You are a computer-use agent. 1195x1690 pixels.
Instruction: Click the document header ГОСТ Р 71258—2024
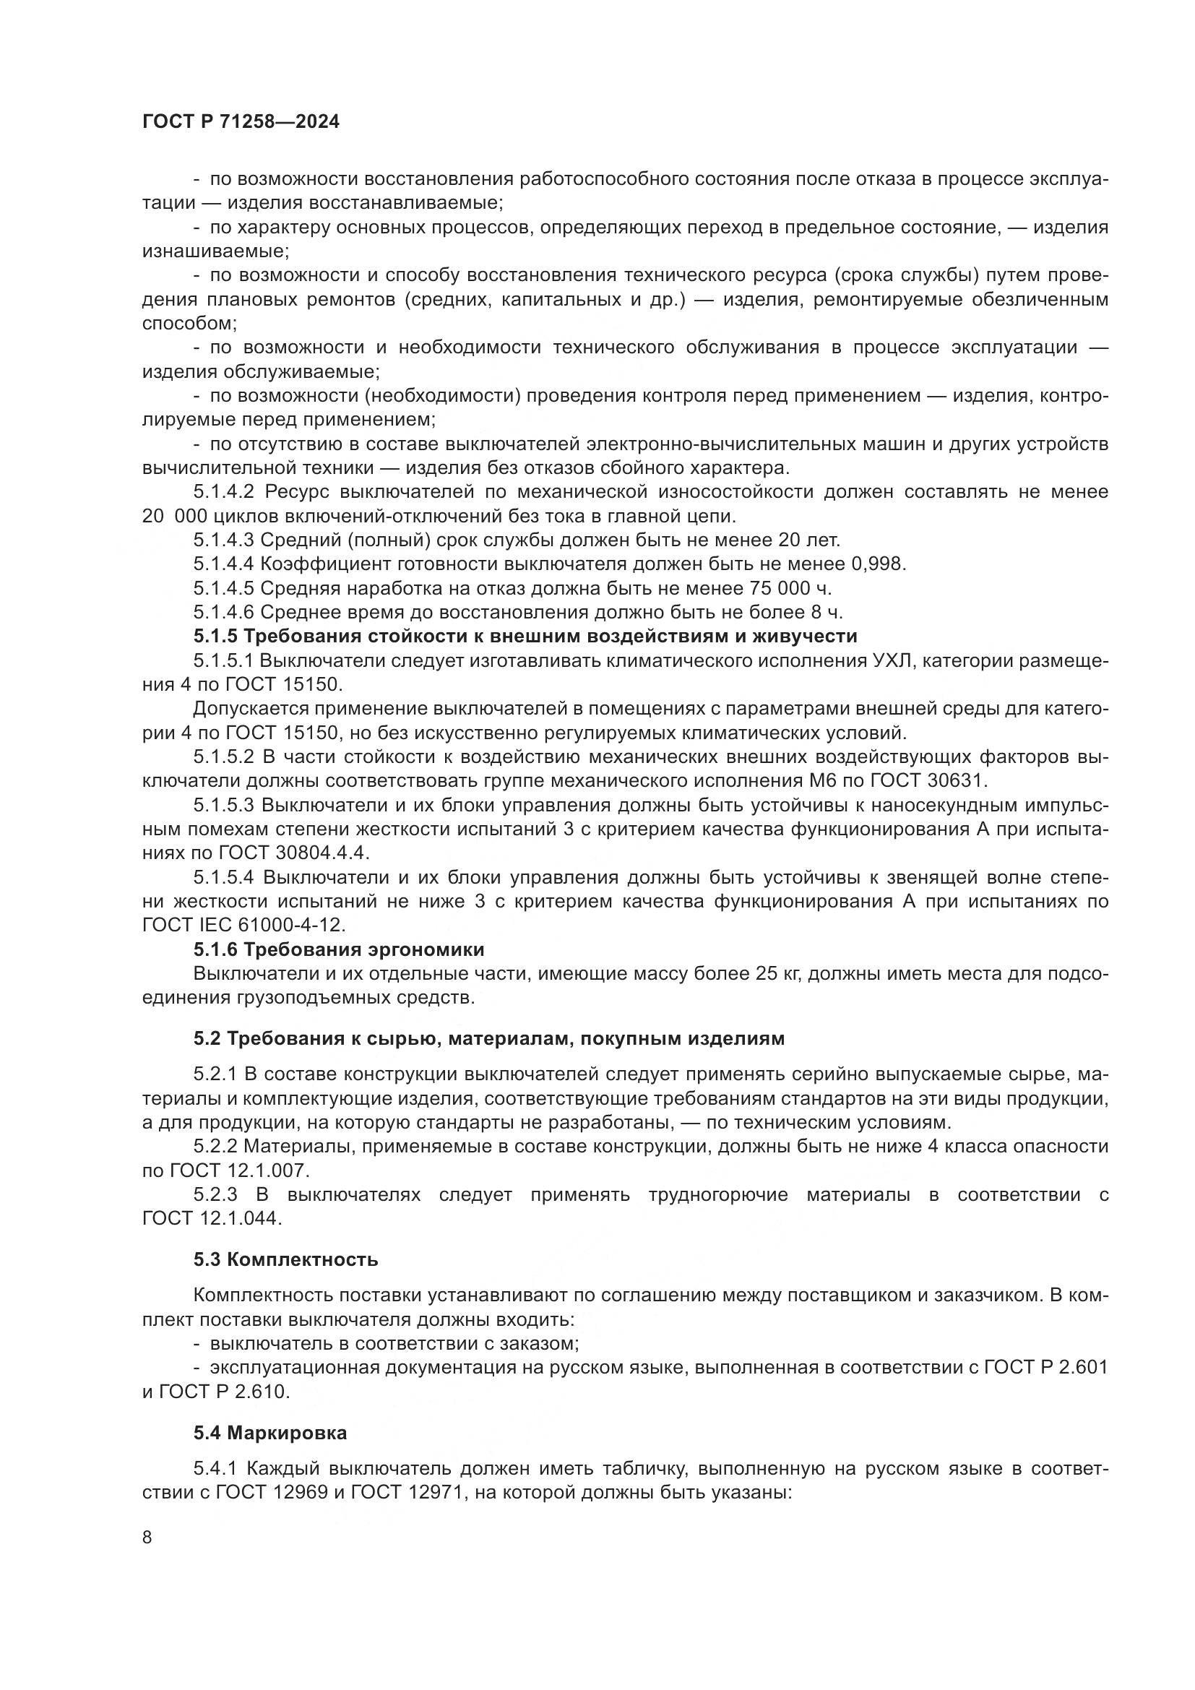241,122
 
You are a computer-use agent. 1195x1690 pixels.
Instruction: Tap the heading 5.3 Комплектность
286,1259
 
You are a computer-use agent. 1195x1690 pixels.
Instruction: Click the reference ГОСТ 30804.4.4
293,853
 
